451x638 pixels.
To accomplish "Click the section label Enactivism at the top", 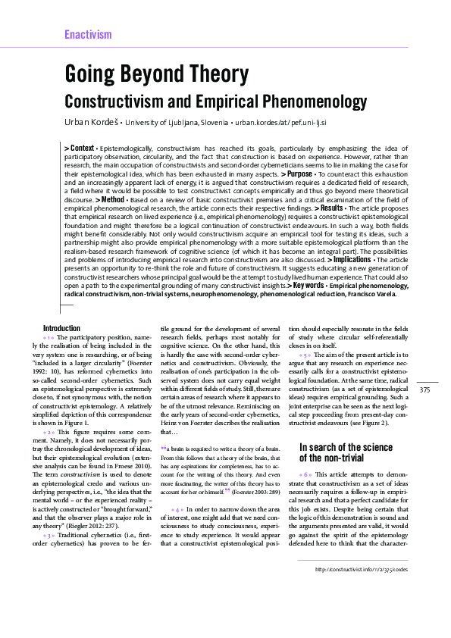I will (x=88, y=35).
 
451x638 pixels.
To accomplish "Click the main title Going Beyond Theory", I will (x=156, y=74).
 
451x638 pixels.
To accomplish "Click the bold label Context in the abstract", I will (x=80, y=147).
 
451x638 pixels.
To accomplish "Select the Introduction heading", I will (x=62, y=328).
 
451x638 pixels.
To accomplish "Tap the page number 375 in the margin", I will (x=424, y=389).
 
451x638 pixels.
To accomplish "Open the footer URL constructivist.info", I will (x=362, y=589).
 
